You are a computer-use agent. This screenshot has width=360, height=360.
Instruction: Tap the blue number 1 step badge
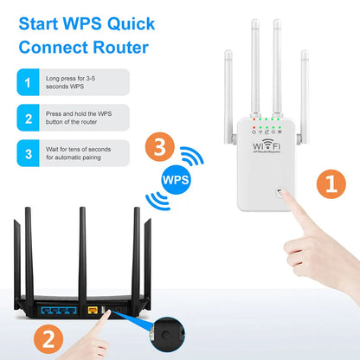[29, 82]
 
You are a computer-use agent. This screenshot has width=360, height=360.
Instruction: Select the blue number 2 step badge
[29, 119]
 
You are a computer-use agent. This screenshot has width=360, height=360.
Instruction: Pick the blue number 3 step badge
[29, 154]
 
